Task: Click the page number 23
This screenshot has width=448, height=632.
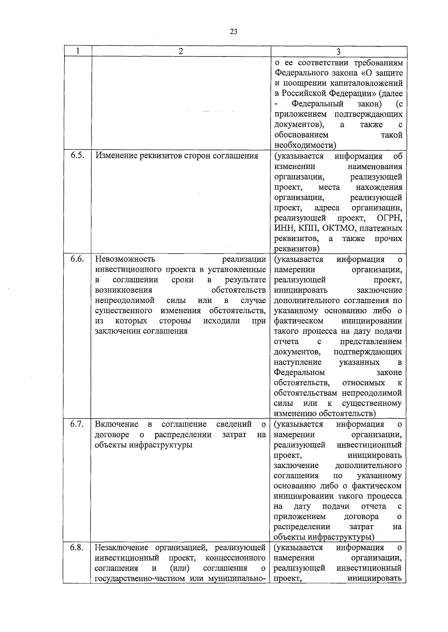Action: point(233,32)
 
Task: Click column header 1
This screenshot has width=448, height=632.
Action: point(77,51)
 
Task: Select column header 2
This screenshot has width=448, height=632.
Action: point(181,51)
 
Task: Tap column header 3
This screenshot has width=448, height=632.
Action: point(338,52)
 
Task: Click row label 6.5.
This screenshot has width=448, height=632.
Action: point(77,156)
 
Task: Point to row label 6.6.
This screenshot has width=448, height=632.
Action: point(77,259)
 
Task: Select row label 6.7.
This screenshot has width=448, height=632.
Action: point(77,424)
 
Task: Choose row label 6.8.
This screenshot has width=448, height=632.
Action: point(77,548)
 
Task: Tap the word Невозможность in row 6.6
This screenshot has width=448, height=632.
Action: point(125,259)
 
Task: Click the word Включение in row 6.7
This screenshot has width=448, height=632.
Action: point(116,424)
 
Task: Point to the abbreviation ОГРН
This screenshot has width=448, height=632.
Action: point(389,218)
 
